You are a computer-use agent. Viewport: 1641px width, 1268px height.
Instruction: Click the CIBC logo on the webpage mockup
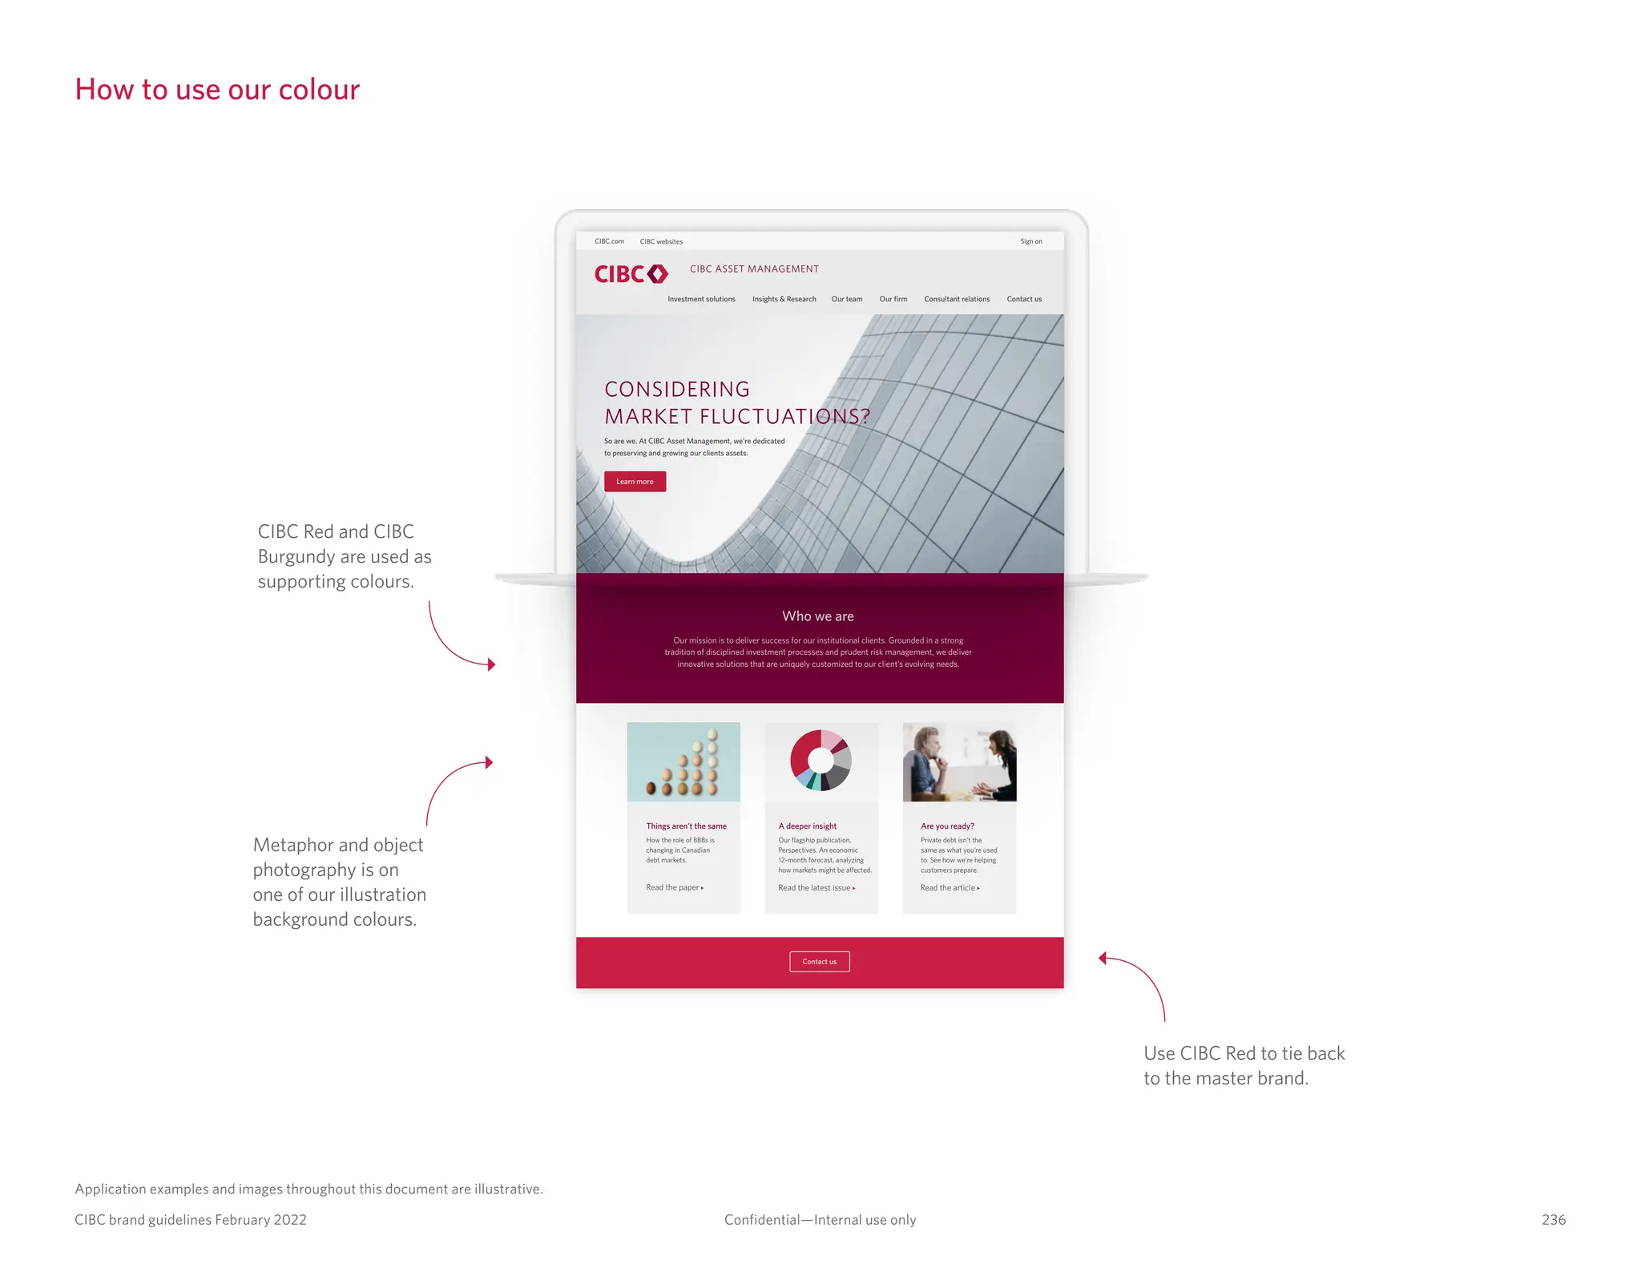631,274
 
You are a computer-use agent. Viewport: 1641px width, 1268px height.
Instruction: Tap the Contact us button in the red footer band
819,962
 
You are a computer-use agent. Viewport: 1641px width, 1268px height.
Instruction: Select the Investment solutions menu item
701,300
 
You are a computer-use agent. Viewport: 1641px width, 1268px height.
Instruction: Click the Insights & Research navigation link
784,300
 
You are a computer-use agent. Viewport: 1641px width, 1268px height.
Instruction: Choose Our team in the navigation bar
847,300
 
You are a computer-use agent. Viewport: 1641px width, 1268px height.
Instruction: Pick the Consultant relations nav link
957,300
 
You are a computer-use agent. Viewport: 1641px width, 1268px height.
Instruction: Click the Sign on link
1030,241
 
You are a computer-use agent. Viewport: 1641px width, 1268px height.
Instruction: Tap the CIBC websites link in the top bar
661,241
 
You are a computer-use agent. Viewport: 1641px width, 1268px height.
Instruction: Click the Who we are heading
818,616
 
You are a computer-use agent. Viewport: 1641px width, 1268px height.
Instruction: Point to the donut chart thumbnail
820,760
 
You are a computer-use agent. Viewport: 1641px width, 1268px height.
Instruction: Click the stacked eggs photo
683,761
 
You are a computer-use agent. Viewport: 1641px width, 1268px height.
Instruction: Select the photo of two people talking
959,761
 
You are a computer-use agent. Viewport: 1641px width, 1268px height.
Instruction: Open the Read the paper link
674,888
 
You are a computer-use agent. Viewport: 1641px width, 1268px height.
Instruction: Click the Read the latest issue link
816,888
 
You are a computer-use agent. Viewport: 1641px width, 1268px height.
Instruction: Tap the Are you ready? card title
947,826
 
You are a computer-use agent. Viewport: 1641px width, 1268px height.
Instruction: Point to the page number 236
1553,1220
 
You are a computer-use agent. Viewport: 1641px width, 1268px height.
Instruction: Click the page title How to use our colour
217,90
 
